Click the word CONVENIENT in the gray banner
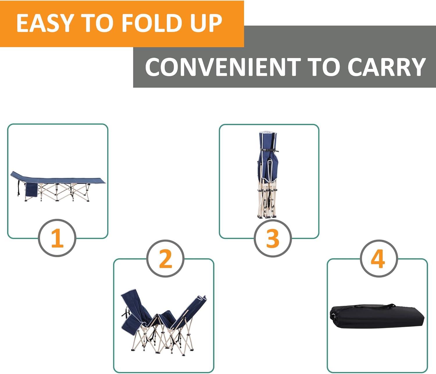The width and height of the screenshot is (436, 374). (x=223, y=67)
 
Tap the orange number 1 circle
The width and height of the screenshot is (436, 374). (x=57, y=238)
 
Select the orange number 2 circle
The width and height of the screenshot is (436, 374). (x=165, y=258)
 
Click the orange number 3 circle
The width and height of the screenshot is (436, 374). (x=273, y=238)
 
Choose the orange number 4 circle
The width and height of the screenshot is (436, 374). (x=378, y=258)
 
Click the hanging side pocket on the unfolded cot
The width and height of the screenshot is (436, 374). (x=31, y=190)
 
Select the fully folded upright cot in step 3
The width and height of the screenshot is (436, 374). (x=268, y=174)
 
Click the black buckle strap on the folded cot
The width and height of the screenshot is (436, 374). (x=269, y=150)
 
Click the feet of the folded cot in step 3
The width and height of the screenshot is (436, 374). (x=267, y=216)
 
